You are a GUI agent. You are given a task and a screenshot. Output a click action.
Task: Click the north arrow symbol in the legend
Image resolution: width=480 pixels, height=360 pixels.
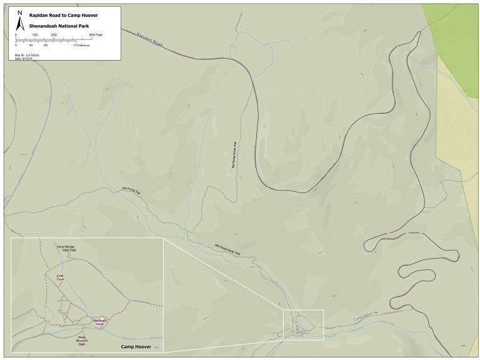[x=19, y=23]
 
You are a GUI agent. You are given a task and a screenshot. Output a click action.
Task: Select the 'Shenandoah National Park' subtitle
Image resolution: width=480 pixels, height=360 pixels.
[x=55, y=25]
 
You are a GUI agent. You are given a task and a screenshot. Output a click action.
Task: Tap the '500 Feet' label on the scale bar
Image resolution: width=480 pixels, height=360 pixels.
[x=95, y=35]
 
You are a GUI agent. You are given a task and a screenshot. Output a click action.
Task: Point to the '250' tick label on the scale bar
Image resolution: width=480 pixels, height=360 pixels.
[x=54, y=35]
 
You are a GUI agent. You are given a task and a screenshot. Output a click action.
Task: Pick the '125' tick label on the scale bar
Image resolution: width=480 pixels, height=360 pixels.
[x=35, y=35]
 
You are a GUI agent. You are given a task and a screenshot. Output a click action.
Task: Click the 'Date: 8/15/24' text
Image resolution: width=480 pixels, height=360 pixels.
[x=25, y=58]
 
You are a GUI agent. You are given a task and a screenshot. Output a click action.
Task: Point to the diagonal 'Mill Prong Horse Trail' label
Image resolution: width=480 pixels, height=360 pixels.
[x=227, y=249]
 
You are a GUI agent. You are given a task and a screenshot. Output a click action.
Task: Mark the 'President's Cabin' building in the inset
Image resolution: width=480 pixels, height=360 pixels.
[x=101, y=319]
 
